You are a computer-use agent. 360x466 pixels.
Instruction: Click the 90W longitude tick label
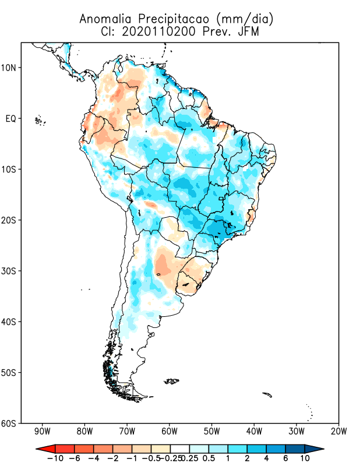42,432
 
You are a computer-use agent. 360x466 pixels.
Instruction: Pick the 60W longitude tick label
169,432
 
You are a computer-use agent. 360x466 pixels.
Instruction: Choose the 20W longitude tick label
338,432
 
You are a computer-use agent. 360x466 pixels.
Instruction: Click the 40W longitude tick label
254,432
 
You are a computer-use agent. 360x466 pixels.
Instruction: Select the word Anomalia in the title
103,19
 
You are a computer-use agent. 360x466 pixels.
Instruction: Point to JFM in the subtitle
248,33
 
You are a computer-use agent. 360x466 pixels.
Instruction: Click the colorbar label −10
54,459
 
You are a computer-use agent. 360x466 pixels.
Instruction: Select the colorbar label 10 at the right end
305,459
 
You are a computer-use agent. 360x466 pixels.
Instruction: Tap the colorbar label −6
73,459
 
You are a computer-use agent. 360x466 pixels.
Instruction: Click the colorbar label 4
266,459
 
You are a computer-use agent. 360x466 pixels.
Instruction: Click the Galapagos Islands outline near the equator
40,121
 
